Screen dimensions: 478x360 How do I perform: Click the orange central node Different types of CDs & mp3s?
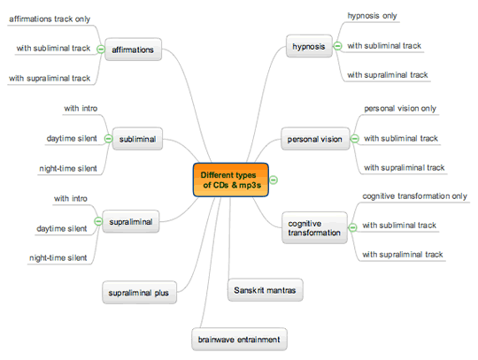click(231, 180)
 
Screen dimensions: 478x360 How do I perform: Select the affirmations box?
click(133, 50)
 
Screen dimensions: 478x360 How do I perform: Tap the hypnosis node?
click(309, 46)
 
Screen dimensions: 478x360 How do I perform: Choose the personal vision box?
click(315, 139)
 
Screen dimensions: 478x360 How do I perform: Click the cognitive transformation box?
click(314, 228)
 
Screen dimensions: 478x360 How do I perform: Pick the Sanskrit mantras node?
click(265, 290)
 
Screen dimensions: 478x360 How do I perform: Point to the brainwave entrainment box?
click(239, 340)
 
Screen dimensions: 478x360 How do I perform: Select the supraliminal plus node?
click(139, 293)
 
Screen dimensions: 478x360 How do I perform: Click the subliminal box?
click(137, 139)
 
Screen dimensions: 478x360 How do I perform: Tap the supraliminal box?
click(131, 221)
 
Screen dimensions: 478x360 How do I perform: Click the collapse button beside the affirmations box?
click(101, 49)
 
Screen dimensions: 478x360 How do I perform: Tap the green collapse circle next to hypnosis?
click(337, 46)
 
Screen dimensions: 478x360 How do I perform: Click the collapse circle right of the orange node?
click(274, 180)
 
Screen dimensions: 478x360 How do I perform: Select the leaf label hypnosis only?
click(372, 16)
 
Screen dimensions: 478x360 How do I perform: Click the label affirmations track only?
click(50, 19)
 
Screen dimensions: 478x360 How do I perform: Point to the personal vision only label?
click(400, 109)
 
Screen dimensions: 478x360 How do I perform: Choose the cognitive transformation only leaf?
click(414, 196)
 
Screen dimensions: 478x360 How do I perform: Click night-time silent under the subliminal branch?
click(68, 168)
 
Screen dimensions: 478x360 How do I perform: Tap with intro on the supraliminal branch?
click(71, 199)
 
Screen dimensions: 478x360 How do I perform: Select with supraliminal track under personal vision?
click(405, 167)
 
